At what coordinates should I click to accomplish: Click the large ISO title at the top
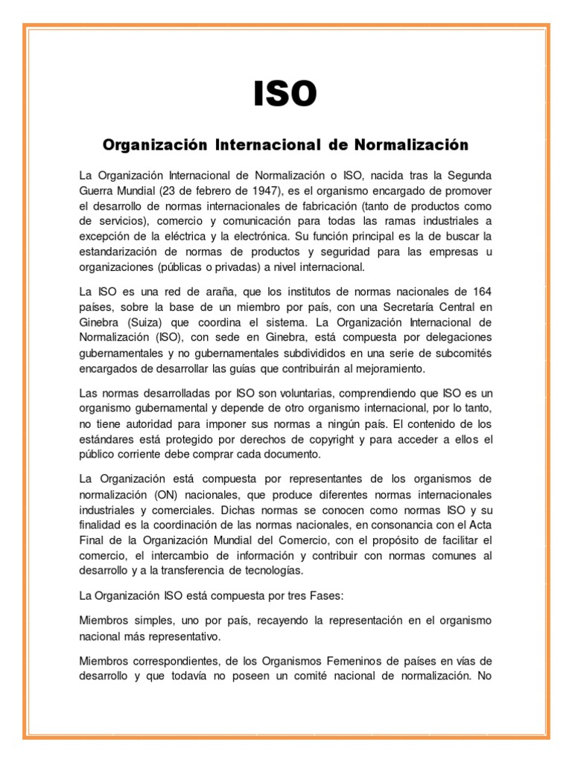point(285,95)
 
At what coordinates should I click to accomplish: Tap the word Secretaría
point(404,307)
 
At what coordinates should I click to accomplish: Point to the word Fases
point(325,596)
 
